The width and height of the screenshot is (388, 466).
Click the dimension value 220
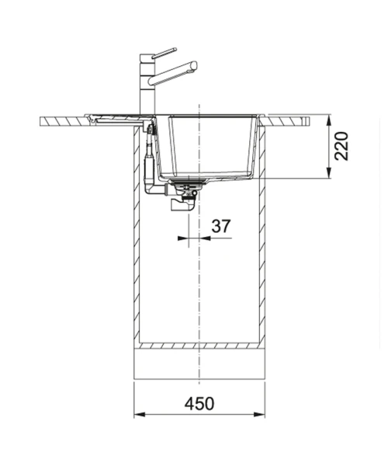(x=341, y=146)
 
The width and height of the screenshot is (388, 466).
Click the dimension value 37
(x=221, y=226)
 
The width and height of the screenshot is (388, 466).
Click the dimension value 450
(x=199, y=404)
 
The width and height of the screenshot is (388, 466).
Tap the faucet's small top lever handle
(x=165, y=53)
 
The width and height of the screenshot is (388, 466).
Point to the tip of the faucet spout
(x=194, y=65)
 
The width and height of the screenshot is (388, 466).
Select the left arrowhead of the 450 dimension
(x=140, y=415)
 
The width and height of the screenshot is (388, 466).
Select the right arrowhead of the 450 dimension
(x=259, y=415)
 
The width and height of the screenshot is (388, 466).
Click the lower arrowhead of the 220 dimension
(x=328, y=173)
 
